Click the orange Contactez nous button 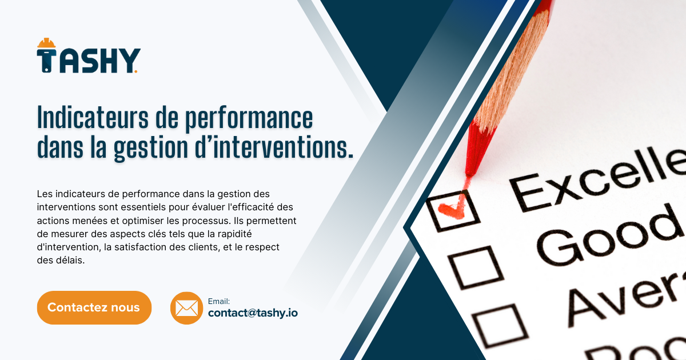tap(94, 307)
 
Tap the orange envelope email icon tap(186, 308)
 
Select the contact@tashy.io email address tap(253, 313)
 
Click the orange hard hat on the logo tap(46, 43)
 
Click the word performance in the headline tap(249, 119)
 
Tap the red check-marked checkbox tap(453, 211)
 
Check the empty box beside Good tap(475, 267)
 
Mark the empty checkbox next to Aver tap(500, 325)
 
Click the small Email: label tap(218, 302)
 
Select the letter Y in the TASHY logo tap(129, 61)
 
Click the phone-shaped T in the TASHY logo tap(46, 61)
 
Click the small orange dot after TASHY tap(135, 71)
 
